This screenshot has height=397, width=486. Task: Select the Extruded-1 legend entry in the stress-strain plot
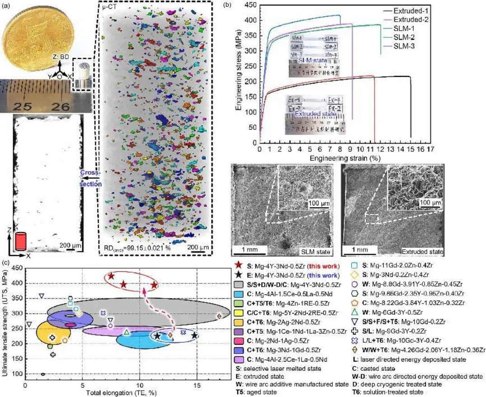pyautogui.click(x=410, y=10)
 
